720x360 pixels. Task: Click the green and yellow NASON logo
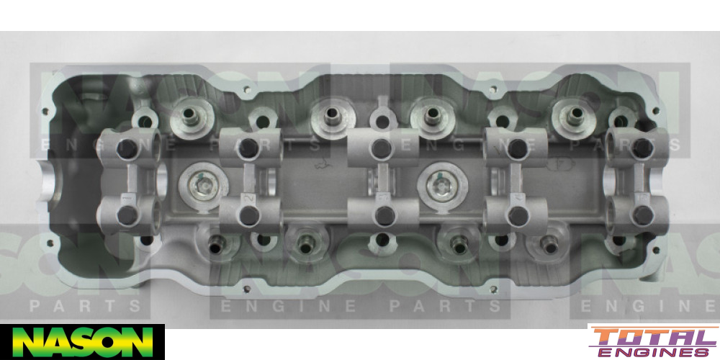coord(82,342)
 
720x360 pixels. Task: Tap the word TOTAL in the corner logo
coord(654,338)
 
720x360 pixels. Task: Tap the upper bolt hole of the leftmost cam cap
coord(127,148)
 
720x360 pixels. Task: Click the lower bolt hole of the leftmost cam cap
coord(127,215)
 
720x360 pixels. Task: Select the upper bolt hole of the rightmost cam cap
coord(642,148)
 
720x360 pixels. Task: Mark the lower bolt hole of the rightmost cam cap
coord(642,215)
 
